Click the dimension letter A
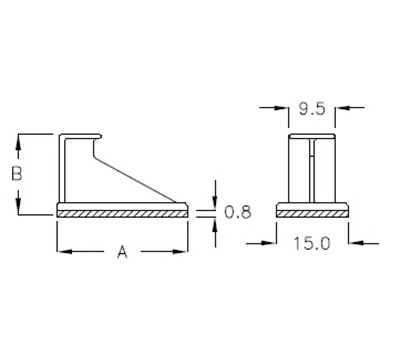point(122,253)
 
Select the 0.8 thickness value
point(237,212)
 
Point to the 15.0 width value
point(313,241)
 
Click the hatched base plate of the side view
point(122,213)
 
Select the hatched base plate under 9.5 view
point(312,213)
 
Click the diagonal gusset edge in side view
point(140,174)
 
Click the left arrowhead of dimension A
point(63,253)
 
